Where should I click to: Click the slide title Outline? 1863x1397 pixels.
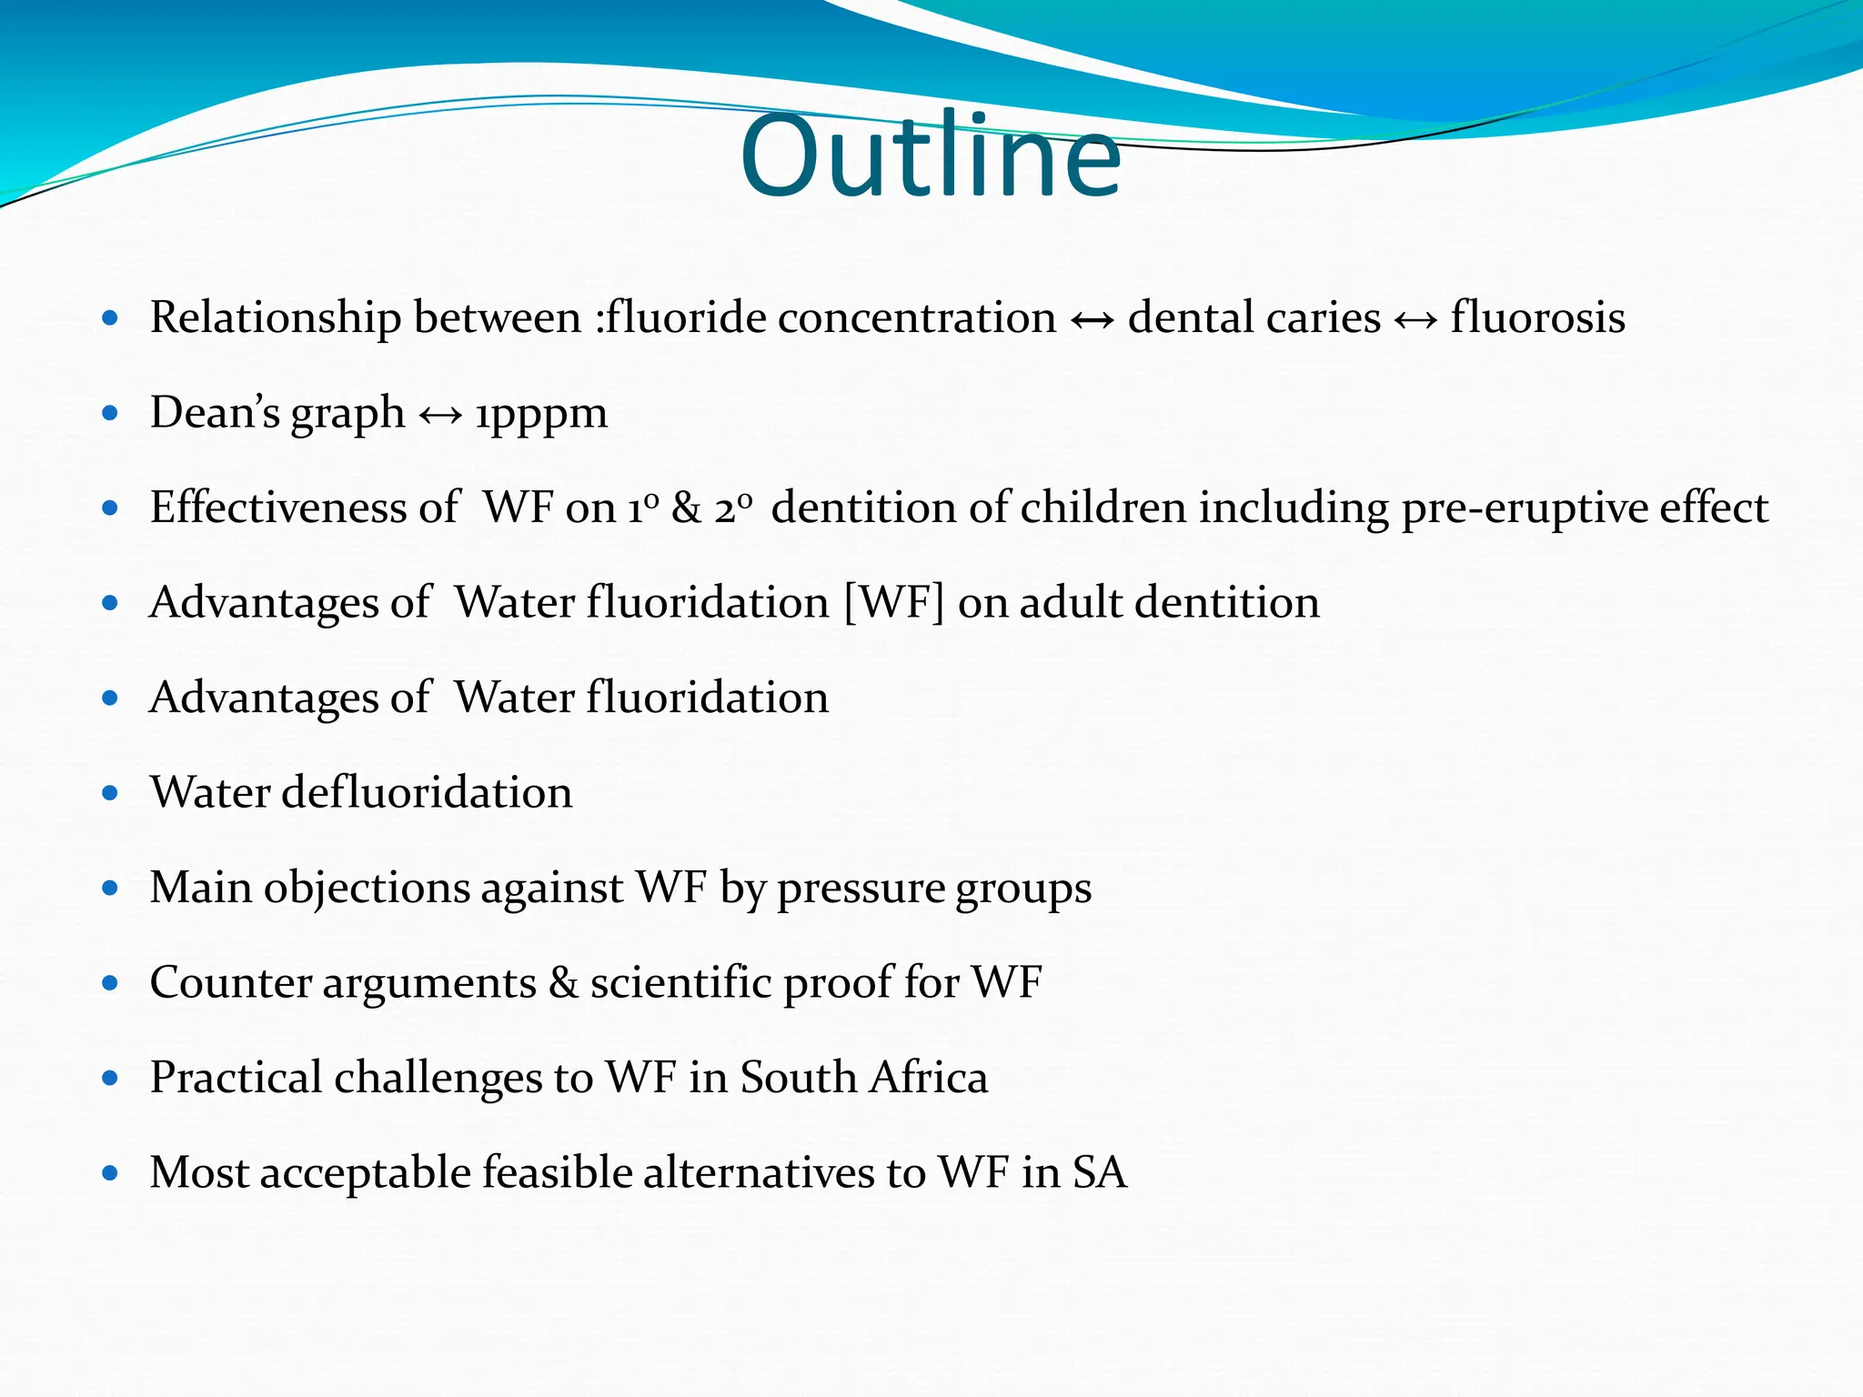tap(931, 156)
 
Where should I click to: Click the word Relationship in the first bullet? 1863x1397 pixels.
tap(276, 317)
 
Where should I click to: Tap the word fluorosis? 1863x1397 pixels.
tap(1537, 317)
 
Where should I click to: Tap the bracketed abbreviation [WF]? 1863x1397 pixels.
tap(894, 603)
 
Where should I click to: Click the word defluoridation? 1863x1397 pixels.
tap(427, 792)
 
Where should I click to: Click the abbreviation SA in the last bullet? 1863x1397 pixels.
tap(1100, 1172)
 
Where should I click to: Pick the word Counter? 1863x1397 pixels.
tap(228, 983)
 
